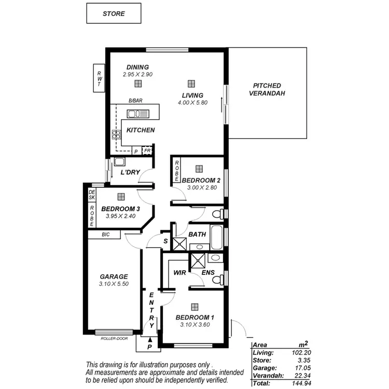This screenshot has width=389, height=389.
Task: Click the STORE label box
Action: [114, 13]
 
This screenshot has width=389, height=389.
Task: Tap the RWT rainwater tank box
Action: [99, 78]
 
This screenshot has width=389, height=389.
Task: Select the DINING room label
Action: [137, 67]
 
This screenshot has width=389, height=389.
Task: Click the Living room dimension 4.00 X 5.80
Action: [192, 103]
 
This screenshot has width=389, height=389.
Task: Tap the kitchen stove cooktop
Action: [116, 136]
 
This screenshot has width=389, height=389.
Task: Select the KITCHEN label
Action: [140, 130]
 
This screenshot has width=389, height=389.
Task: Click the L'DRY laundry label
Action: [130, 172]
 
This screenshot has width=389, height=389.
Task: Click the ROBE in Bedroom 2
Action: [177, 171]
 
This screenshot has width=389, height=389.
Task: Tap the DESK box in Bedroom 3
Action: [92, 195]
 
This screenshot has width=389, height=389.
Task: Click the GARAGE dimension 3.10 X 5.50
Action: [114, 285]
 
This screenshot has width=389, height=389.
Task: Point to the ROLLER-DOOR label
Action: [115, 339]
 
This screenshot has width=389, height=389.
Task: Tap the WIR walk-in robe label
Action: [179, 272]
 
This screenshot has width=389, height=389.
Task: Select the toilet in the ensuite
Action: [219, 280]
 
